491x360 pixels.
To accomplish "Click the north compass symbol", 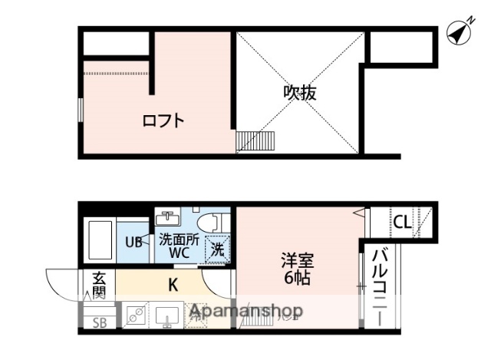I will coord(460,32).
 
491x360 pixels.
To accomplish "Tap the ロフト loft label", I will coord(163,121).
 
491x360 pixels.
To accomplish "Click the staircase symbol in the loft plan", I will coord(255,141).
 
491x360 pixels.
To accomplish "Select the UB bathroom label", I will coord(133,242).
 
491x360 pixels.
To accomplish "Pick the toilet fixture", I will coord(219,221).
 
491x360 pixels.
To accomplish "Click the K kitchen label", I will coord(173,286).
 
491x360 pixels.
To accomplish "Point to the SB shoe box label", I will coord(99,322).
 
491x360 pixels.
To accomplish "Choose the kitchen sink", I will coord(167,315).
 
